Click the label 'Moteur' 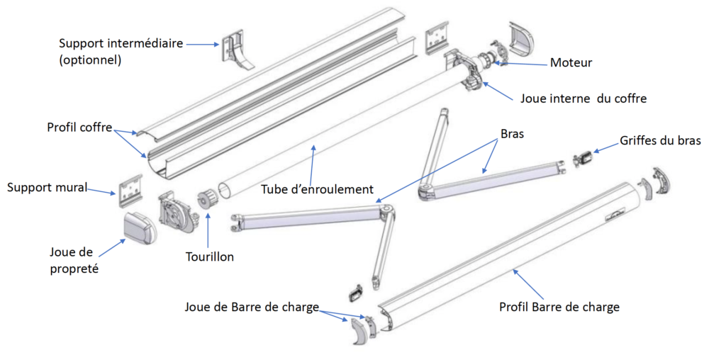pos(571,62)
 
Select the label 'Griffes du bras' pos(660,140)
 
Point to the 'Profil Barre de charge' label pos(559,307)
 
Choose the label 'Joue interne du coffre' pos(583,99)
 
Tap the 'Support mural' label pos(47,188)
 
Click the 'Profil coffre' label pos(80,128)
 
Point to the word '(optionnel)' pos(90,60)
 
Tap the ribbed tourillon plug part pos(208,201)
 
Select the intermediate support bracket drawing pos(238,50)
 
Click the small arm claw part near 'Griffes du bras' pos(585,157)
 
